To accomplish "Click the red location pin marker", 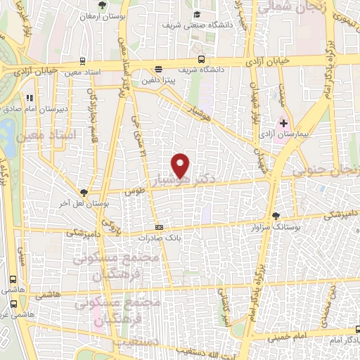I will (181, 165).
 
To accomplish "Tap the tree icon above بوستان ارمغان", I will (103, 5).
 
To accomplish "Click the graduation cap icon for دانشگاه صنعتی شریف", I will (198, 15).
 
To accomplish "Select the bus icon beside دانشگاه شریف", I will (202, 60).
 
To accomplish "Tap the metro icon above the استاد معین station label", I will (83, 60).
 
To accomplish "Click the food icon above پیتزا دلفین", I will (158, 70).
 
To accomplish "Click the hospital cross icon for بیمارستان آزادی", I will (283, 123).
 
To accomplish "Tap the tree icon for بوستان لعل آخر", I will (84, 192).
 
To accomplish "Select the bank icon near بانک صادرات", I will (159, 227).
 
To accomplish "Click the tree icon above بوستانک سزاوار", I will (276, 216).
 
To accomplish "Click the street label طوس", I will (130, 190).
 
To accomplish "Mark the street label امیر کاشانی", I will (226, 307).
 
